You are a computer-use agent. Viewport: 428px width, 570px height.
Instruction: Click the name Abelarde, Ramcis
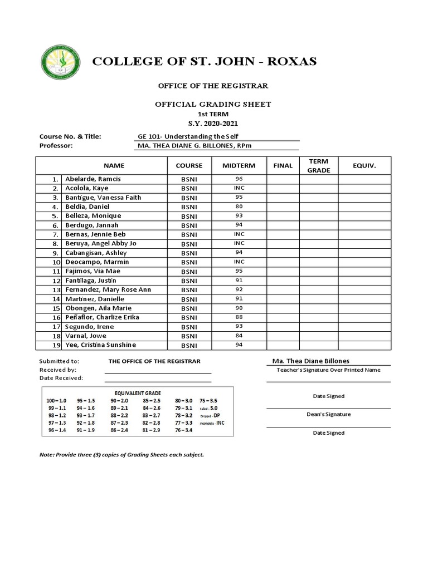click(x=93, y=179)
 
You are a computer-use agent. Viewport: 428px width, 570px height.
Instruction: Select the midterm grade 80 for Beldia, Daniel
click(x=239, y=207)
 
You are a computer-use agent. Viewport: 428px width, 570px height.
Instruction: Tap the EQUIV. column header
click(x=364, y=165)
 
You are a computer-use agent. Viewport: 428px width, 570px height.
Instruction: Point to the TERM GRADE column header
click(x=319, y=165)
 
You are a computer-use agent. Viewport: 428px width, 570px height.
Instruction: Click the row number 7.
click(x=55, y=234)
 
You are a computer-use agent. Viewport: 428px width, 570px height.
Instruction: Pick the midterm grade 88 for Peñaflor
click(x=239, y=317)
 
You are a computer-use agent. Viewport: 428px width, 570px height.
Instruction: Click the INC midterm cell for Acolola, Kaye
click(x=239, y=188)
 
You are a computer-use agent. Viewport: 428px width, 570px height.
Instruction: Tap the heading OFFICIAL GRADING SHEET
click(x=213, y=104)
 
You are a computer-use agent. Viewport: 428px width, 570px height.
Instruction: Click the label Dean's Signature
click(x=328, y=414)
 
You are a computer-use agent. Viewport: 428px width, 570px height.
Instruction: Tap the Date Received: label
click(x=61, y=378)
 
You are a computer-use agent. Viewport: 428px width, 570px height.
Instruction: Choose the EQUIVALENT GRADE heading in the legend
click(x=133, y=391)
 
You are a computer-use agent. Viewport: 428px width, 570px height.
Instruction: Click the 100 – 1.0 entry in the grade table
click(x=57, y=401)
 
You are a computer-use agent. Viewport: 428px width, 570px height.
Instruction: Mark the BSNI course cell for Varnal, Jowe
click(x=189, y=336)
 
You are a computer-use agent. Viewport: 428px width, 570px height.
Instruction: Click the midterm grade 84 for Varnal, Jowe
click(x=239, y=336)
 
